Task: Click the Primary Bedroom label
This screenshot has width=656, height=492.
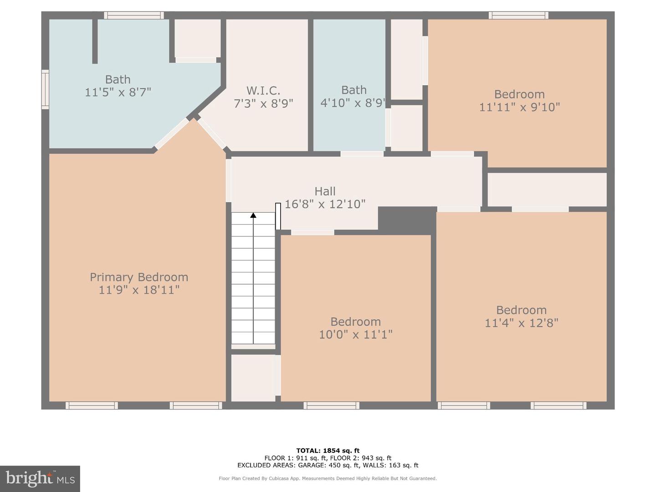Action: pyautogui.click(x=139, y=277)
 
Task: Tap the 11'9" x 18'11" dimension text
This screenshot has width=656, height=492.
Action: pyautogui.click(x=139, y=290)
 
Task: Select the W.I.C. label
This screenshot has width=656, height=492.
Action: pyautogui.click(x=263, y=91)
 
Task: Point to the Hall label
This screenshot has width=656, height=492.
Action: pyautogui.click(x=325, y=191)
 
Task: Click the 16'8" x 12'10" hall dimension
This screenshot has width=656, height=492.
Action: pyautogui.click(x=325, y=204)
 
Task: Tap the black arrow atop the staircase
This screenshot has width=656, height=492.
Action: pyautogui.click(x=253, y=215)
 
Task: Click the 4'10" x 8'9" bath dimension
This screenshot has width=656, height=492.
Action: pyautogui.click(x=353, y=103)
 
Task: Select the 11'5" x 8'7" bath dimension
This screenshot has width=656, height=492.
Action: pyautogui.click(x=118, y=92)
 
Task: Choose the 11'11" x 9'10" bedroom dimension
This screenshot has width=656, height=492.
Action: pyautogui.click(x=519, y=107)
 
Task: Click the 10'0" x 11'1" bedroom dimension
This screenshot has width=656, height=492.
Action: pyautogui.click(x=355, y=334)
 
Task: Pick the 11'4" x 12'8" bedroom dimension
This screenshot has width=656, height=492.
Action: pyautogui.click(x=521, y=323)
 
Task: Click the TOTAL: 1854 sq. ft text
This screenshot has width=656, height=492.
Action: pyautogui.click(x=328, y=451)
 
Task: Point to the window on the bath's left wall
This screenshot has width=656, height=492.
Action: pyautogui.click(x=45, y=89)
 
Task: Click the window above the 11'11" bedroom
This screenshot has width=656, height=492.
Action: pyautogui.click(x=518, y=15)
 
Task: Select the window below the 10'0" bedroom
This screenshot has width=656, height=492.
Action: pyautogui.click(x=331, y=405)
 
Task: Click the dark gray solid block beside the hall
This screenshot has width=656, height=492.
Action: pyautogui.click(x=405, y=220)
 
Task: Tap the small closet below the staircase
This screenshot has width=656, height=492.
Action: pyautogui.click(x=253, y=378)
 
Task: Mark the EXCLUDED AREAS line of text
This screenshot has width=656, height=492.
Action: pyautogui.click(x=328, y=465)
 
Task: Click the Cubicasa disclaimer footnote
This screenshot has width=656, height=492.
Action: pyautogui.click(x=328, y=478)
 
